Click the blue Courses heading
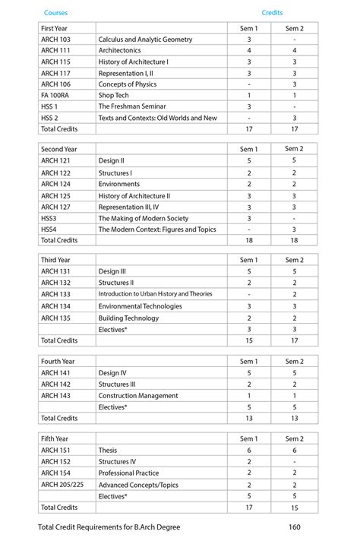[x=55, y=13]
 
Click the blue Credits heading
[x=272, y=13]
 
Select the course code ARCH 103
[x=55, y=39]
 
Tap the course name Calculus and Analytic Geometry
[x=145, y=39]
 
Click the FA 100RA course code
[x=57, y=96]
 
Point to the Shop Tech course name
[x=114, y=96]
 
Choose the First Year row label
[x=54, y=28]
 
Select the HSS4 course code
[x=49, y=229]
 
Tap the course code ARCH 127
[x=55, y=207]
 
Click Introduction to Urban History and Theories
[x=155, y=294]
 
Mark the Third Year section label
[x=55, y=260]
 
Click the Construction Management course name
[x=138, y=395]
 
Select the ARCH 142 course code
[x=55, y=384]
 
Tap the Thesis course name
[x=108, y=450]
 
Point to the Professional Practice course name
[x=128, y=473]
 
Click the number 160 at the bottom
[x=296, y=527]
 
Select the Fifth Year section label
[x=54, y=438]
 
